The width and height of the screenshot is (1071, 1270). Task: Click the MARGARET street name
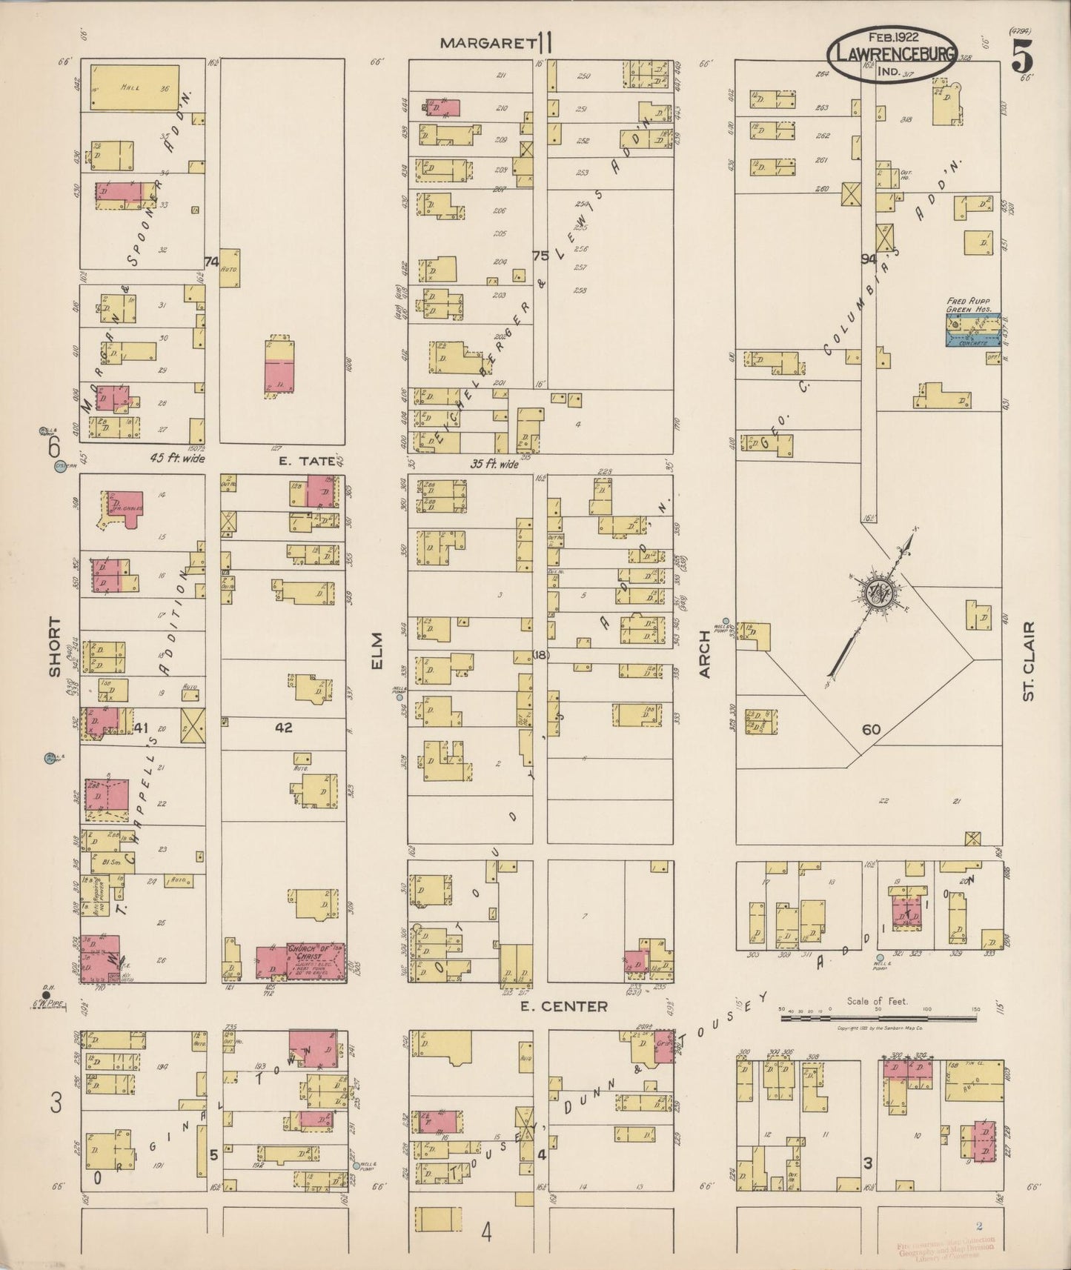pos(488,43)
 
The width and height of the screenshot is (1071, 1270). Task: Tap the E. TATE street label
pos(306,460)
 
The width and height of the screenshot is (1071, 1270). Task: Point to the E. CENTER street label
pos(563,1006)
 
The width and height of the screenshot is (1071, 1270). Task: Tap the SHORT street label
pos(54,646)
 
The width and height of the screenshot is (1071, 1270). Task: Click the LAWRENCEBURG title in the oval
pos(892,54)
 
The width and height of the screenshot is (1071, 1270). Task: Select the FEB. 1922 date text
pos(891,36)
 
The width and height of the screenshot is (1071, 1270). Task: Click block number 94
pos(868,259)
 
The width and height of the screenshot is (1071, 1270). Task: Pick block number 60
pos(871,730)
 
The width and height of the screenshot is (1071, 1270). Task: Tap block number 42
pos(283,728)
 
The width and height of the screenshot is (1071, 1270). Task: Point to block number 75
pos(540,256)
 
